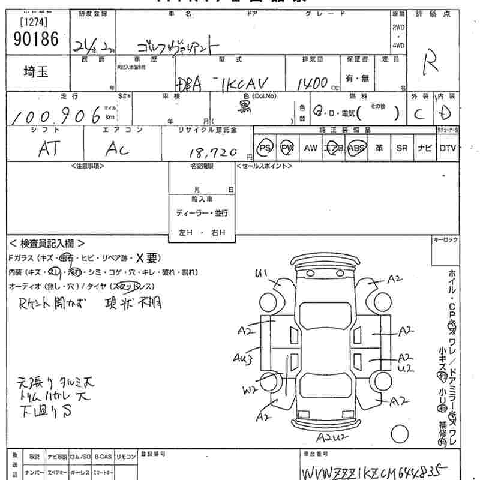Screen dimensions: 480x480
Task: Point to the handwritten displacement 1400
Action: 311,82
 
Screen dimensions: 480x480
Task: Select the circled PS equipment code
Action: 264,148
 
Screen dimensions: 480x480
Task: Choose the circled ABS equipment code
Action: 356,148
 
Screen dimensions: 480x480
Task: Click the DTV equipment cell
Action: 448,148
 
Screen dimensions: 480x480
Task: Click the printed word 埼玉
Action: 37,72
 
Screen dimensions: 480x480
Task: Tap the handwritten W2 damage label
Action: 250,391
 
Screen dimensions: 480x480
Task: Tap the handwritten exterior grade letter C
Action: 418,113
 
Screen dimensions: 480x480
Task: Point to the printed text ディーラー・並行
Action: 202,213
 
